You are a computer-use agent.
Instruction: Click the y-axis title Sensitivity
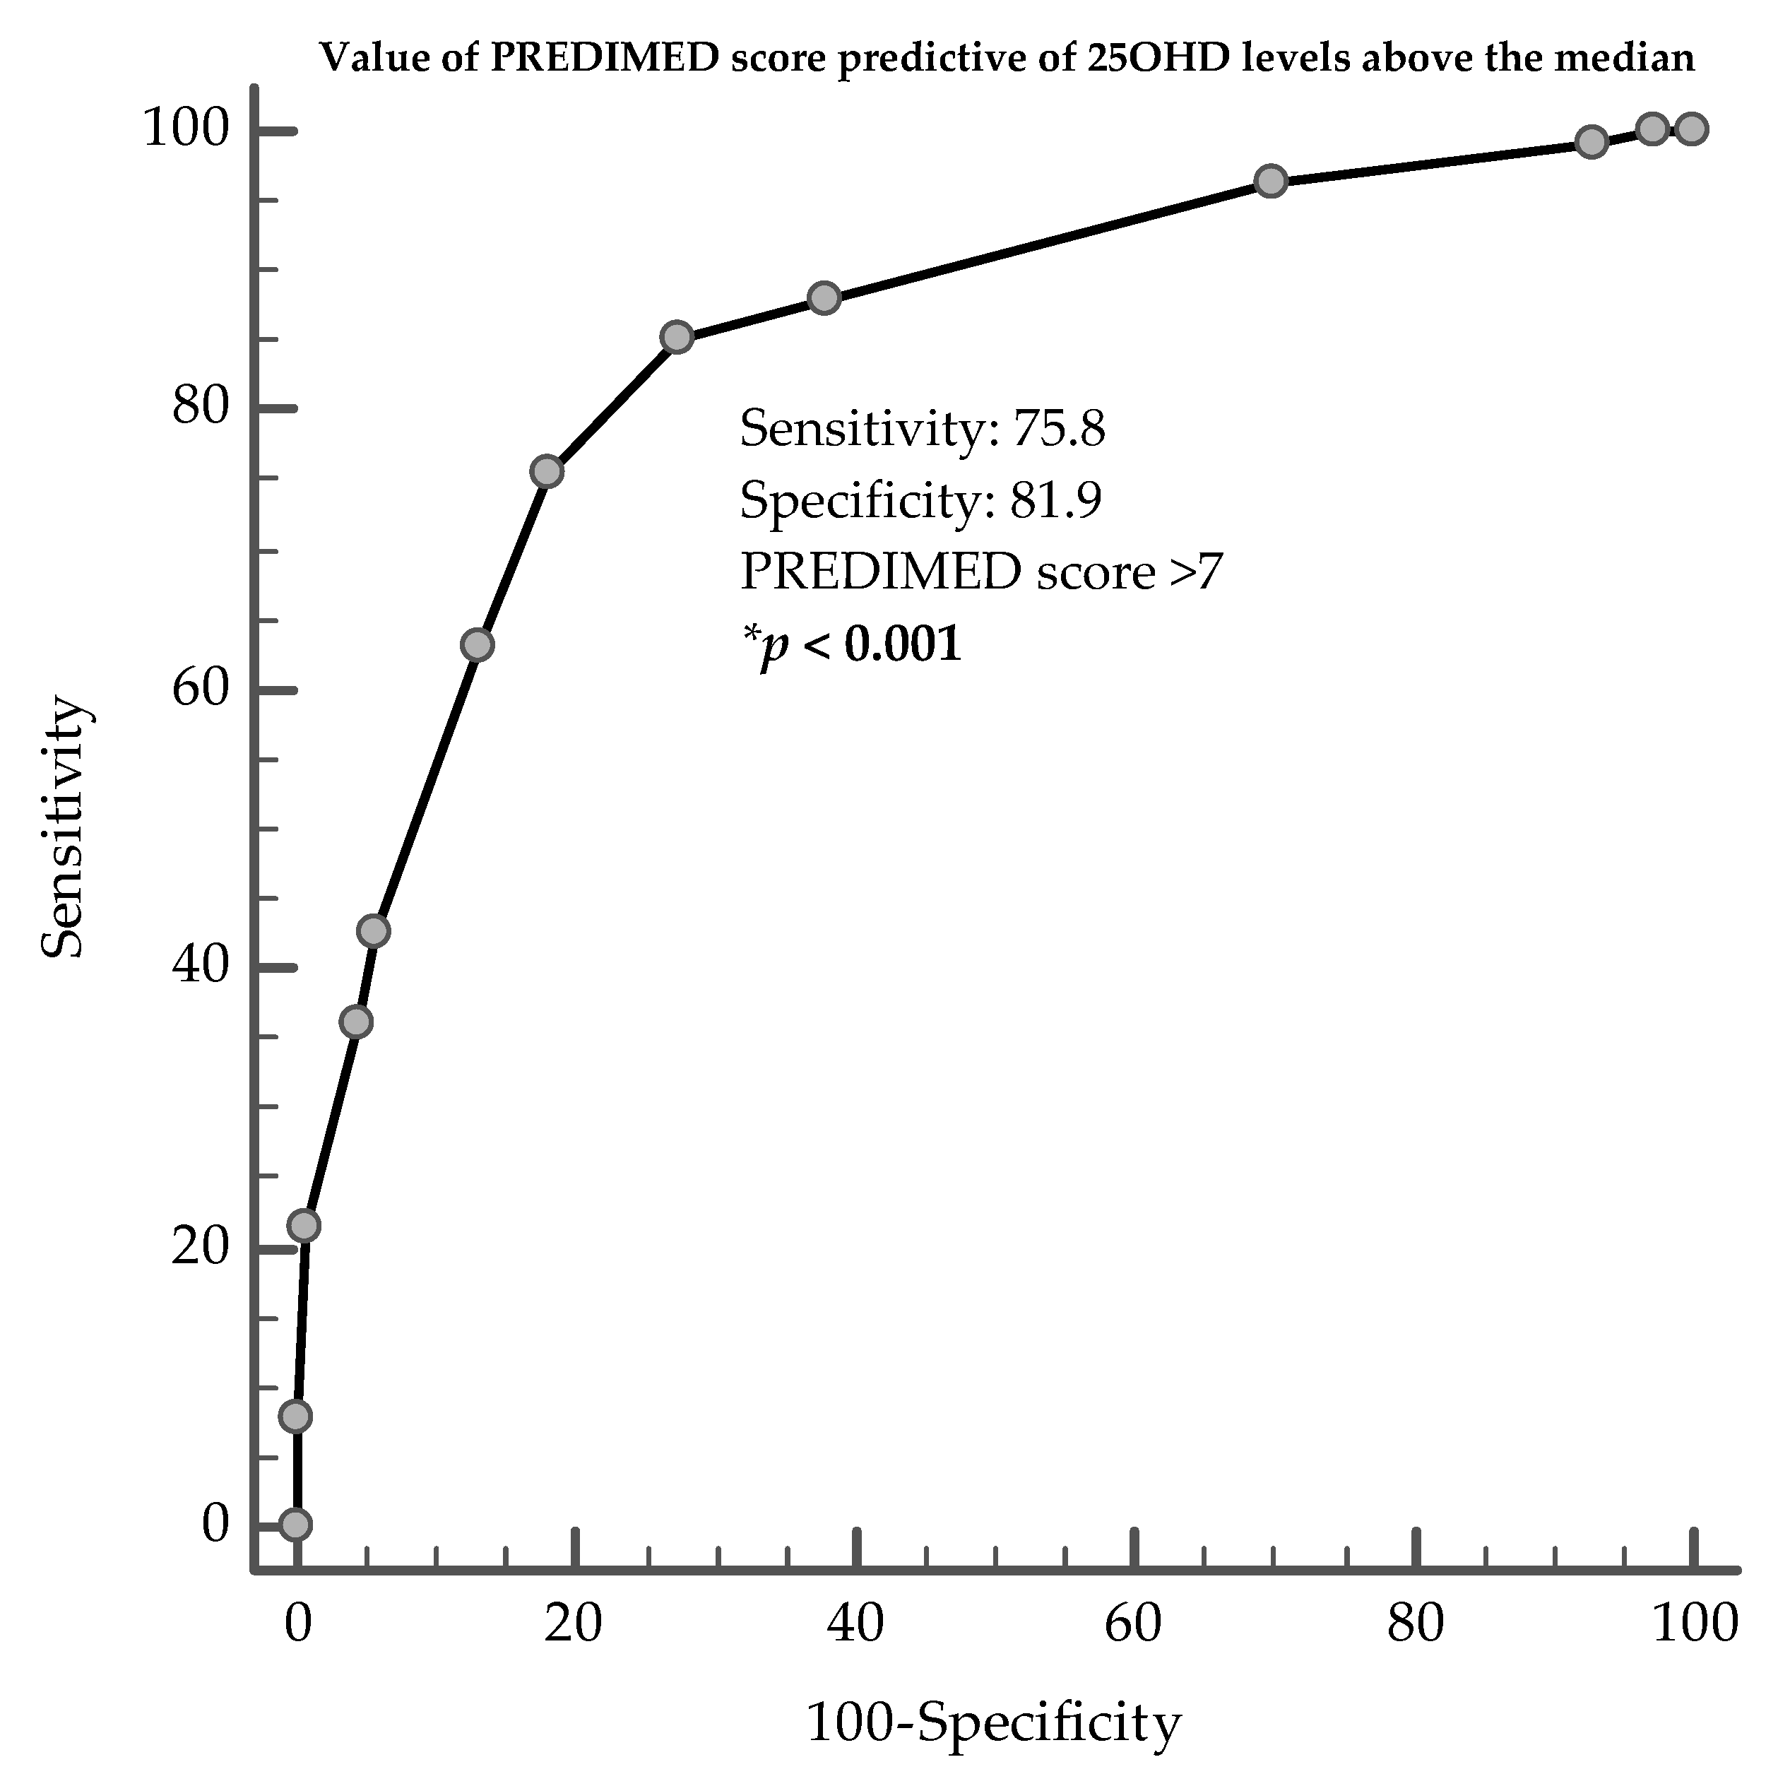(x=65, y=829)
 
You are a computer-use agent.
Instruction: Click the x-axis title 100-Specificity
(x=992, y=1723)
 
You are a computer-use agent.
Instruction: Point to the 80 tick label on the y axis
(x=200, y=407)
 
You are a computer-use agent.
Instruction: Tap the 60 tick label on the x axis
(x=1133, y=1623)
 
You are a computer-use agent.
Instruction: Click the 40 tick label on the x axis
(x=855, y=1623)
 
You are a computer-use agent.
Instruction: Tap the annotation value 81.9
(x=1057, y=501)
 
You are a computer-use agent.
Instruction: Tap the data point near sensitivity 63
(x=477, y=645)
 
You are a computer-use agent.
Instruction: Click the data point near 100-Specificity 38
(x=824, y=298)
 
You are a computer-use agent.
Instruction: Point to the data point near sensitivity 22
(x=304, y=1225)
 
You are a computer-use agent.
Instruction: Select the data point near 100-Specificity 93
(x=1592, y=142)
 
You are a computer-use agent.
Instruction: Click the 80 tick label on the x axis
(x=1416, y=1623)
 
